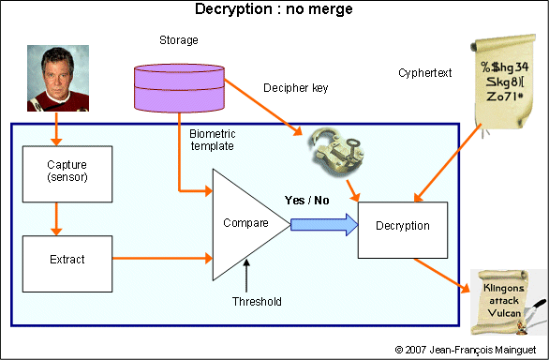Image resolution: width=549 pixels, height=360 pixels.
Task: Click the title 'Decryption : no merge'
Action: coord(274,10)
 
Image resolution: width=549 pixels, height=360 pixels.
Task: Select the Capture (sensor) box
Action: coord(66,172)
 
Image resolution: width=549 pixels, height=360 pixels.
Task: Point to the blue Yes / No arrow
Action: coord(324,225)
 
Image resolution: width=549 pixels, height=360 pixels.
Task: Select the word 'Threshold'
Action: coord(257,301)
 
